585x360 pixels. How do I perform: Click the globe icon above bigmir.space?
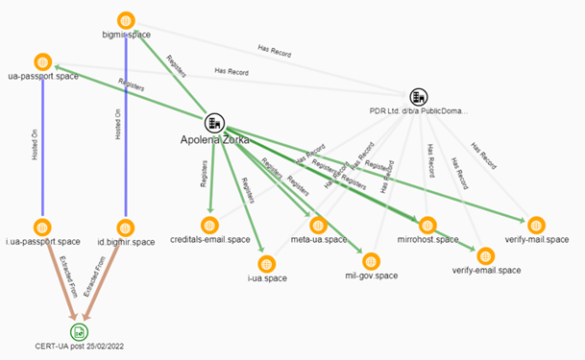126,20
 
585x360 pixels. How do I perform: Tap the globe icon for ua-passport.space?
41,61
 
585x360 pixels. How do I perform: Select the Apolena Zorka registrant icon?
213,123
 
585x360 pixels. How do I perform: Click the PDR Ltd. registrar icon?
418,96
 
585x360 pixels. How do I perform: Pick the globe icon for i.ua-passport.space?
41,227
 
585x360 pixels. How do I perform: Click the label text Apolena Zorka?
215,140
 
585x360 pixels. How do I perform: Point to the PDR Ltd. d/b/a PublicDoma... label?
418,112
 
